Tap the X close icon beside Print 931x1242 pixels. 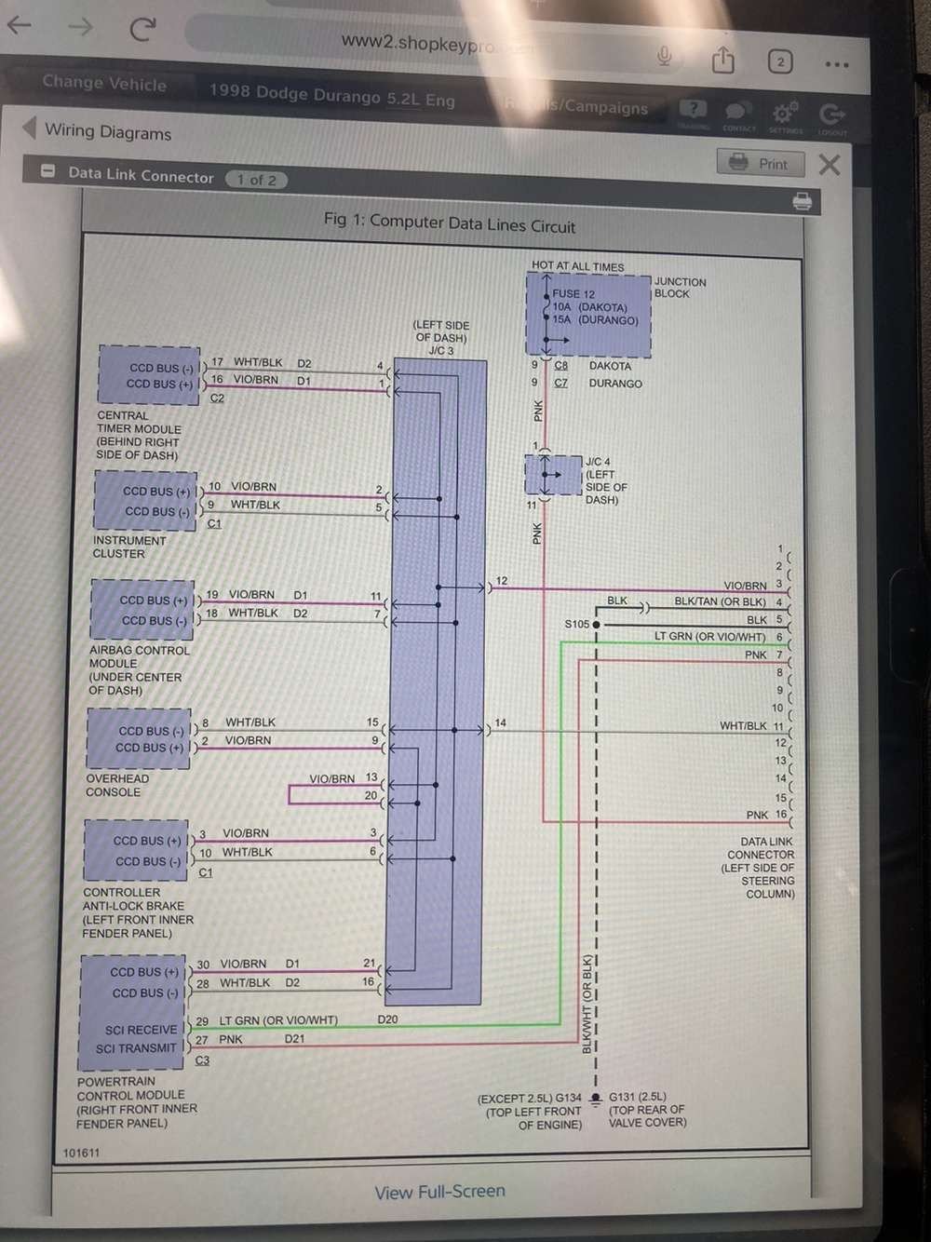[829, 165]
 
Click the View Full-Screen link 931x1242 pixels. [439, 1192]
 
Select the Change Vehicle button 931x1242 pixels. [104, 83]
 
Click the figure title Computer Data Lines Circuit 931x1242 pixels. [450, 223]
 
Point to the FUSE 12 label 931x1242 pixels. [573, 293]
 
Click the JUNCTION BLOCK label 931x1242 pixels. [680, 288]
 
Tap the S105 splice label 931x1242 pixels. [577, 624]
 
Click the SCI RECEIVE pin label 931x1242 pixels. [141, 1030]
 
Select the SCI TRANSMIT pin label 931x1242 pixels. [136, 1048]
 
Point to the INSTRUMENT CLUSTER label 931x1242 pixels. [128, 547]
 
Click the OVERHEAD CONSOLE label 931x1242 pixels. [116, 785]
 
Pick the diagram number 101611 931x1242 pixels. [81, 1153]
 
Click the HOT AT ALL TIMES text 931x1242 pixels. [577, 266]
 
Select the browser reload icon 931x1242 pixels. [142, 29]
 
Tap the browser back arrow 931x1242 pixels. [20, 25]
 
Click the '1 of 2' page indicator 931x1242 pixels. [256, 180]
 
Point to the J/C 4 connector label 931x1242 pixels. [598, 462]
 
